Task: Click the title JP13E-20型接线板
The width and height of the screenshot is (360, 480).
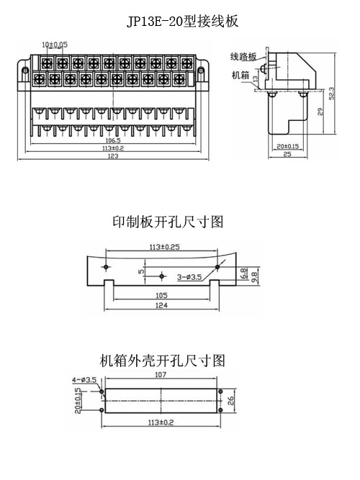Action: point(183,22)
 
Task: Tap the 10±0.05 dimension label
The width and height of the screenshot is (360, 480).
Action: point(55,45)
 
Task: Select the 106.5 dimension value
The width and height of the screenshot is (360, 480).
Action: point(113,140)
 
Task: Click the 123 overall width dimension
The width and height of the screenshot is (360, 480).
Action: point(113,156)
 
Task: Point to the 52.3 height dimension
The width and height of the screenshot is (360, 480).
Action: point(331,94)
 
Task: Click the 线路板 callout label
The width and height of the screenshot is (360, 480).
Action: point(243,57)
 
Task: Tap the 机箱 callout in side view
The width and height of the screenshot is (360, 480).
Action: point(240,75)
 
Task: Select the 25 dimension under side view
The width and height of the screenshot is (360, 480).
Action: point(287,154)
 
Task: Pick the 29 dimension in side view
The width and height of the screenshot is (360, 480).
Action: point(320,112)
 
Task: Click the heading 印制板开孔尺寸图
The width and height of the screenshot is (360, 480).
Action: point(168,222)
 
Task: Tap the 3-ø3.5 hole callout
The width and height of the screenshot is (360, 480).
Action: point(189,277)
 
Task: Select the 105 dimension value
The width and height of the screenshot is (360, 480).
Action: point(161,295)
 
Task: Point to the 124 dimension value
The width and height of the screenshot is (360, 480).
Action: point(161,305)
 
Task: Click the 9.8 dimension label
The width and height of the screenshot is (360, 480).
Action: point(253,276)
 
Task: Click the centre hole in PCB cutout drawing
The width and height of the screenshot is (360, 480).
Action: point(162,276)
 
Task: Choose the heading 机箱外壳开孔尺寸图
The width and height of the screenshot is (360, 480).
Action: point(163,361)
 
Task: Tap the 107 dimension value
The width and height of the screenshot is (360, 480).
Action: point(161,375)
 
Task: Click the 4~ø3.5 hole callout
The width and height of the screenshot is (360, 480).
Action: point(84,380)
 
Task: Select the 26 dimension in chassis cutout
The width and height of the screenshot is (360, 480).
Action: point(231,400)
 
